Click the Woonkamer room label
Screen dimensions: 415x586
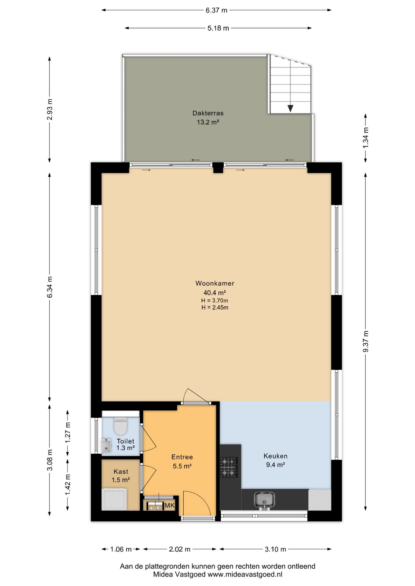coord(215,283)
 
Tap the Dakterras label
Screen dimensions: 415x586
coord(208,113)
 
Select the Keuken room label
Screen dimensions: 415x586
coord(275,456)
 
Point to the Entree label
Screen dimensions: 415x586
coord(182,457)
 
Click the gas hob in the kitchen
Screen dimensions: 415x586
coord(229,467)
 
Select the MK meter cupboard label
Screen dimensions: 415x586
coord(170,505)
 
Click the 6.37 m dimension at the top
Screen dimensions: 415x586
coord(216,10)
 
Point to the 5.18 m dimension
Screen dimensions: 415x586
coord(218,28)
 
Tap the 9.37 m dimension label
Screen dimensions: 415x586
coord(365,341)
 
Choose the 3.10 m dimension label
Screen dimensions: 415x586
coord(275,549)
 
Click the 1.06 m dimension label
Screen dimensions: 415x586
coord(121,549)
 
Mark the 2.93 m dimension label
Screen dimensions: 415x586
coord(50,109)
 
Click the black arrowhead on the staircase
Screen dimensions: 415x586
coord(290,108)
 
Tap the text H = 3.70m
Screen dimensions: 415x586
coord(215,301)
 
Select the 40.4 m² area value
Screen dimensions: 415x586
coord(215,293)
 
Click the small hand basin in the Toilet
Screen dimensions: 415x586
coord(106,445)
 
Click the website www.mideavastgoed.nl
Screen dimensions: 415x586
coord(245,574)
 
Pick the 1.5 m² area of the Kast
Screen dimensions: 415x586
coord(121,480)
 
